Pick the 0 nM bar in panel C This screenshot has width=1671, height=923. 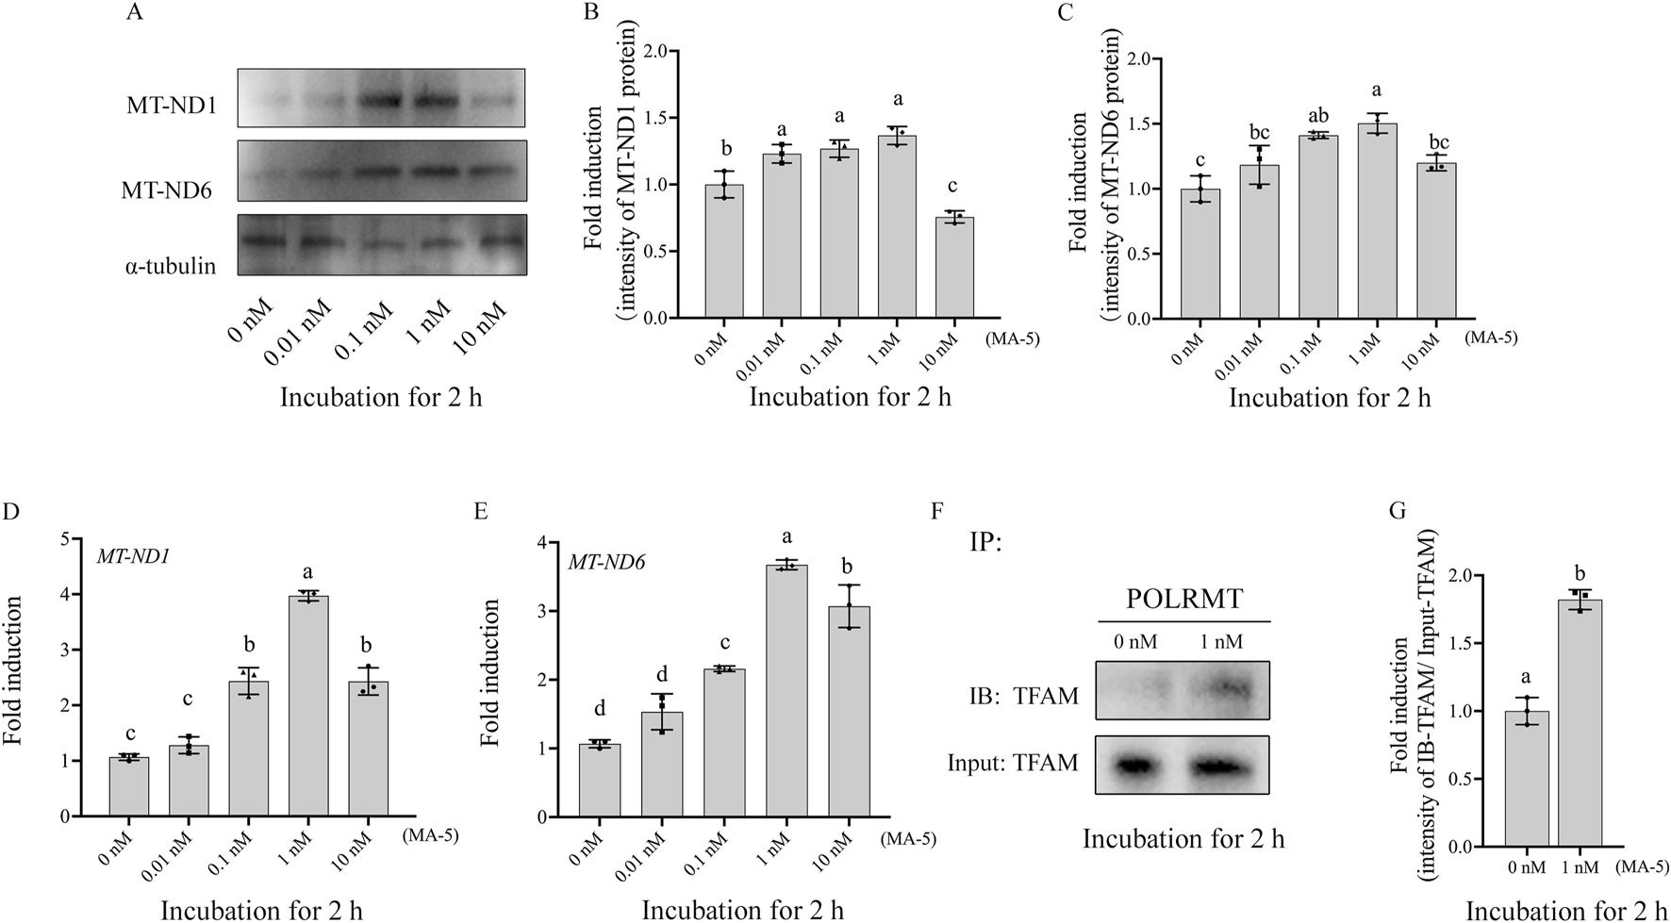point(1200,255)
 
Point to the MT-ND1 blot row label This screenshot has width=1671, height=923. point(173,106)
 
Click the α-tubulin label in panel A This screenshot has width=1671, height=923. point(170,266)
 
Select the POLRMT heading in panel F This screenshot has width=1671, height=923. point(1183,600)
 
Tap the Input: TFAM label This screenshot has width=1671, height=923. point(1013,763)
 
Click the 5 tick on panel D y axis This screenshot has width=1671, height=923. point(64,539)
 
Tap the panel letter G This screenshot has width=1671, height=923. point(1398,511)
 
